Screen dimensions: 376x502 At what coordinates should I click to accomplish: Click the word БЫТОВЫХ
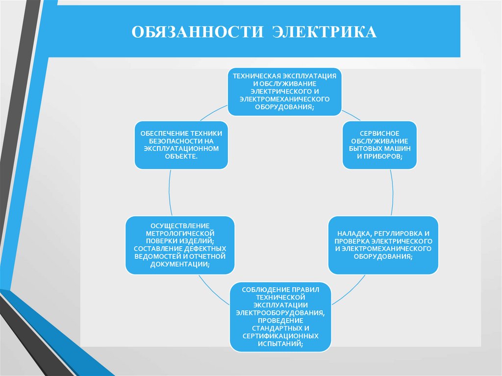tap(368, 148)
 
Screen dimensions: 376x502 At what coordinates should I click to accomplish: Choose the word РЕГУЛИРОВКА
tap(400, 234)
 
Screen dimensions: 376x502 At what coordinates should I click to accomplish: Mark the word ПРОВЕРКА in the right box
tap(352, 242)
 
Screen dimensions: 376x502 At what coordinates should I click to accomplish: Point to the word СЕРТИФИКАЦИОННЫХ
tap(281, 336)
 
